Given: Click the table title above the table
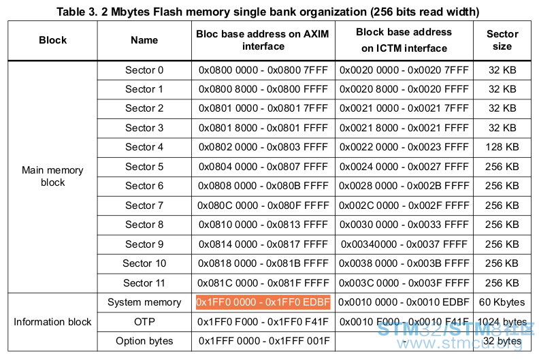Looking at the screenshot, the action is [267, 12].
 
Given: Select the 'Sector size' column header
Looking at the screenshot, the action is [502, 40].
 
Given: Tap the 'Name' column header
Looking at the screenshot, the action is [144, 40].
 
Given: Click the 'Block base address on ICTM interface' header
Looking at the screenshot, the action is [404, 40].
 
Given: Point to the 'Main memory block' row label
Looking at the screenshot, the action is [52, 176].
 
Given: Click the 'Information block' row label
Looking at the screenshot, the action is [52, 322].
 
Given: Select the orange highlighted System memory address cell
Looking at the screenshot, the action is [263, 302].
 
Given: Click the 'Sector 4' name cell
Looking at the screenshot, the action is [144, 147].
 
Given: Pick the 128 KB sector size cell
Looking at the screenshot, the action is [502, 147].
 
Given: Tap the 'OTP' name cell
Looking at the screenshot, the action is [144, 322].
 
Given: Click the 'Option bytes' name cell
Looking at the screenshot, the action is [144, 341].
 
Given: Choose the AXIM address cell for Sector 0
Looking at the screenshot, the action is [263, 70].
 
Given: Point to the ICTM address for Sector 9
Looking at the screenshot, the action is [404, 244].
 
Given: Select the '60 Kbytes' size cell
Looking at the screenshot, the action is [502, 302].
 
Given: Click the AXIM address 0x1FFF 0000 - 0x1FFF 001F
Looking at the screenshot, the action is [264, 341].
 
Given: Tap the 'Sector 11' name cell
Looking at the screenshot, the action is [144, 283].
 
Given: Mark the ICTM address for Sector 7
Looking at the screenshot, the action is [404, 206].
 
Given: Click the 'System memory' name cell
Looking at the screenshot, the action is [144, 302].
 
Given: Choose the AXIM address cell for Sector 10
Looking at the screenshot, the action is [263, 263].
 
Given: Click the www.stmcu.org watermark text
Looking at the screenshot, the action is [459, 344].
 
